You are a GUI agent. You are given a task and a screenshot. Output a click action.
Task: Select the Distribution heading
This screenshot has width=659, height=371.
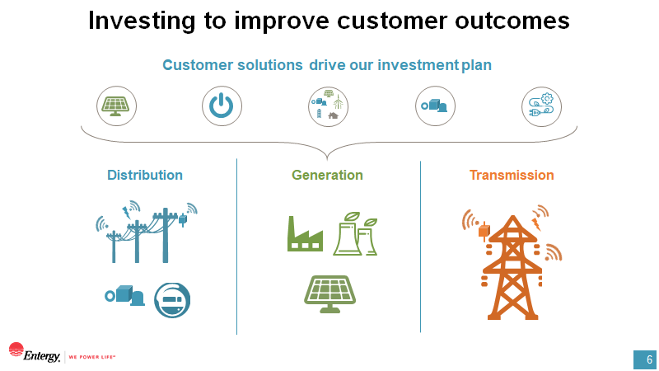(x=145, y=175)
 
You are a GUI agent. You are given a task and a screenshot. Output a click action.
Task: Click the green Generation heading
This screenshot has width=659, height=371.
(x=327, y=175)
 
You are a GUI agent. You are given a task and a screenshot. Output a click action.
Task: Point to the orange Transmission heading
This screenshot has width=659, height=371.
(x=512, y=175)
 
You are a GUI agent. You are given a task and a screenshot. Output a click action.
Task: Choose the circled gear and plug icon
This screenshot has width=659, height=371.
(x=542, y=106)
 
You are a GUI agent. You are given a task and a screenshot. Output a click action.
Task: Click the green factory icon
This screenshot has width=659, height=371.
(x=305, y=234)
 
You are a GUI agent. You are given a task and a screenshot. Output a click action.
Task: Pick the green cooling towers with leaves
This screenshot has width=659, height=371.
(x=355, y=234)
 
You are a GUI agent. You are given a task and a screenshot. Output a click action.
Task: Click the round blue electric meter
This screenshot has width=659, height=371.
(x=172, y=299)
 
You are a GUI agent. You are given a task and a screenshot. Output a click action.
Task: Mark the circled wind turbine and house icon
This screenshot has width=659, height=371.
(x=329, y=106)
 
